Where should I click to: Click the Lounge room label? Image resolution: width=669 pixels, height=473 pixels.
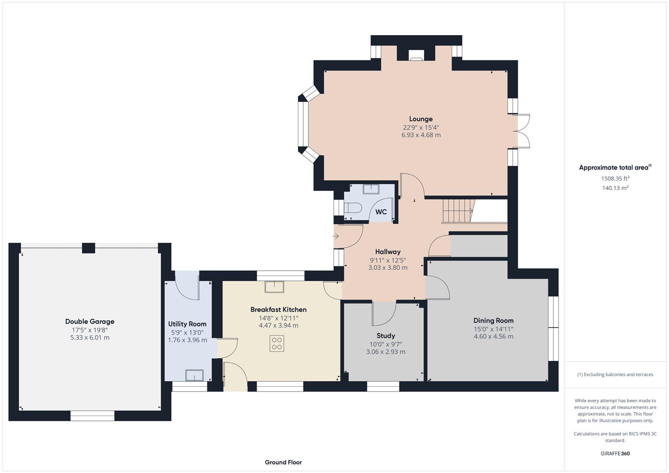(x=421, y=119)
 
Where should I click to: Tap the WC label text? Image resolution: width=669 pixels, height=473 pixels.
(x=381, y=212)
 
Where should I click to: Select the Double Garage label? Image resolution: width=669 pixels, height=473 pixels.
(x=90, y=321)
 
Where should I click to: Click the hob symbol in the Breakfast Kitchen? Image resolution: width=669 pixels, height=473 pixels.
(x=277, y=343)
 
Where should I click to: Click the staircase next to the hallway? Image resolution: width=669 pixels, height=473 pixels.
(x=458, y=211)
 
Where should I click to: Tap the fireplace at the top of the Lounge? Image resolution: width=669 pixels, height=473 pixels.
(x=416, y=55)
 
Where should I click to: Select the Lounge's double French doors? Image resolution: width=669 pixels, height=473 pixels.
(x=524, y=131)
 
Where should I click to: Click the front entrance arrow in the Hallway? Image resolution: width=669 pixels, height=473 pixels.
(x=336, y=236)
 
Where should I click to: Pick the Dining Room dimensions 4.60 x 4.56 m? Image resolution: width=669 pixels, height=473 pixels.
(x=493, y=336)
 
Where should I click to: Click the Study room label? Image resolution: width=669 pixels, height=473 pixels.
(x=386, y=335)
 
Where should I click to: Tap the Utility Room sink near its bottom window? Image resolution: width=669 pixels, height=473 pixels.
(x=194, y=375)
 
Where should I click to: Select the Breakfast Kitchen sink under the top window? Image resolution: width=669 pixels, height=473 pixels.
(x=274, y=287)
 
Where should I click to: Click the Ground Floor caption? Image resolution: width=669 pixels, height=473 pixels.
(x=283, y=462)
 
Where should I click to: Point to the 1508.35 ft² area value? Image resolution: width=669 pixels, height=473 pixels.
(x=615, y=178)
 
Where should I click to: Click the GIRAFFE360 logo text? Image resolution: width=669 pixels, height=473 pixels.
(x=615, y=453)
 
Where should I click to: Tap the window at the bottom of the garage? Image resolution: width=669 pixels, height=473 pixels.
(x=92, y=416)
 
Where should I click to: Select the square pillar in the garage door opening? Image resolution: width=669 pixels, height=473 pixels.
(x=88, y=248)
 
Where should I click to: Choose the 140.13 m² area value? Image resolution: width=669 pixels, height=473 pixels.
(x=615, y=188)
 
